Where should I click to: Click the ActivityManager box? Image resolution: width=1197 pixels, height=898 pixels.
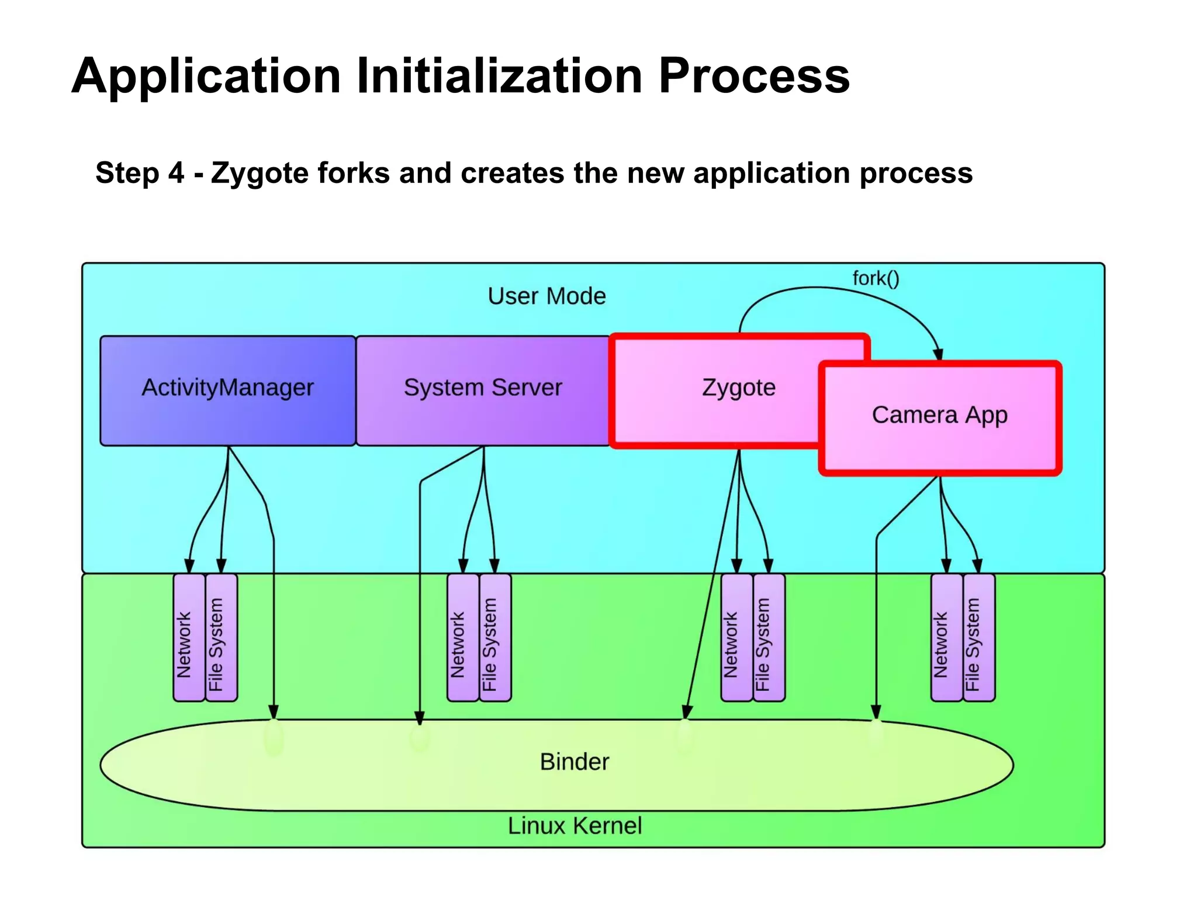click(227, 391)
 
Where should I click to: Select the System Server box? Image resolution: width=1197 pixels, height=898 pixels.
click(483, 391)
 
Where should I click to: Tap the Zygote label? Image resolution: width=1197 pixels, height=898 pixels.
click(738, 388)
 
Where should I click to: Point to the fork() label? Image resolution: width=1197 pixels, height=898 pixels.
click(876, 278)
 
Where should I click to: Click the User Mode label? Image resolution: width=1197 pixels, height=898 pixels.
click(546, 296)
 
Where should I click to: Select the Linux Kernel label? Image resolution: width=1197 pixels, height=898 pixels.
click(575, 826)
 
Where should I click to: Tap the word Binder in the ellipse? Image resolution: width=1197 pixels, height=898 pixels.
click(575, 762)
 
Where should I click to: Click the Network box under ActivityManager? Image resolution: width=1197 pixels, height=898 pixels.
click(189, 637)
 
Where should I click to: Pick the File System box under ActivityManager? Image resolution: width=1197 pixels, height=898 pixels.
click(222, 637)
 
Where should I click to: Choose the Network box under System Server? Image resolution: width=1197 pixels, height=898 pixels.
click(462, 637)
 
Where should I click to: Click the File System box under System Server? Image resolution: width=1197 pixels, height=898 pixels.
click(495, 637)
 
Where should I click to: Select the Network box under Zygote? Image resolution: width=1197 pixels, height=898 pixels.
click(736, 637)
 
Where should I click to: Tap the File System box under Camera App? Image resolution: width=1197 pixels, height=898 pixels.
click(979, 637)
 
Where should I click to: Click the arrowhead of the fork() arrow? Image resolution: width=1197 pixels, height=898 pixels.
click(937, 354)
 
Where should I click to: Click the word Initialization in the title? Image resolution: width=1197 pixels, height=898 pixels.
click(500, 76)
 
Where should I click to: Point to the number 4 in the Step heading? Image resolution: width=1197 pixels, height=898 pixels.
click(176, 173)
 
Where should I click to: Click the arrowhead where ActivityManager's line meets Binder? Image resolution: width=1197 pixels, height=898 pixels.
click(274, 712)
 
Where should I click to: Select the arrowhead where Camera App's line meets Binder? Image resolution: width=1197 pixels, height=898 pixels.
click(876, 712)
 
